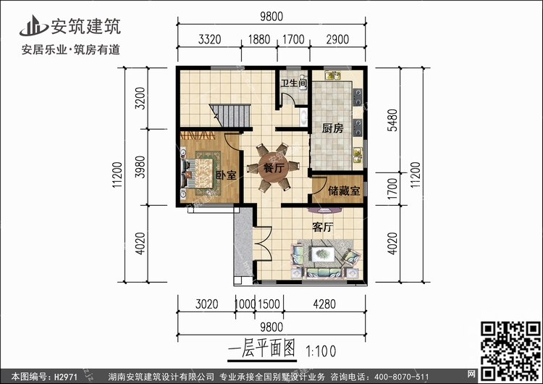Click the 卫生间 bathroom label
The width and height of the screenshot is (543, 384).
pos(294,83)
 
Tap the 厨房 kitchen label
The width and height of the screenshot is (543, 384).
pos(332,128)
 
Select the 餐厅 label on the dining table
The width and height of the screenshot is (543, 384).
pos(274,168)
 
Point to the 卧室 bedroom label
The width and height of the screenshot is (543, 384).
pos(226,175)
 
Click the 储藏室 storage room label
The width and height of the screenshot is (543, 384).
pos(344,191)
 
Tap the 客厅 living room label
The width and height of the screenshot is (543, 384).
pos(323,228)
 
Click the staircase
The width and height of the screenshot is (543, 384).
pos(230,116)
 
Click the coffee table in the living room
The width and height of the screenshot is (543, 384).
pos(323,254)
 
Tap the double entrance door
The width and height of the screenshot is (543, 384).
pos(262,243)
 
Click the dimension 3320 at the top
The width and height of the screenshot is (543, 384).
pos(209,40)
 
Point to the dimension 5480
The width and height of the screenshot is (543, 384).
pos(392,120)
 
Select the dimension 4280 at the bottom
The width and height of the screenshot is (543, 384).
pos(324,304)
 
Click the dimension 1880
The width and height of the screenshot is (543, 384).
pos(259,40)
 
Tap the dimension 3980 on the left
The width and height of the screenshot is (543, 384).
pos(140,167)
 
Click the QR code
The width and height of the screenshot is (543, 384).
pos(511,351)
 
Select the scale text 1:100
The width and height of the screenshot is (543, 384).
pos(321,351)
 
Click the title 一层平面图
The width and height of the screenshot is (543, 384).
pos(262,348)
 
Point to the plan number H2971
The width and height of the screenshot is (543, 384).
pos(65,377)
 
